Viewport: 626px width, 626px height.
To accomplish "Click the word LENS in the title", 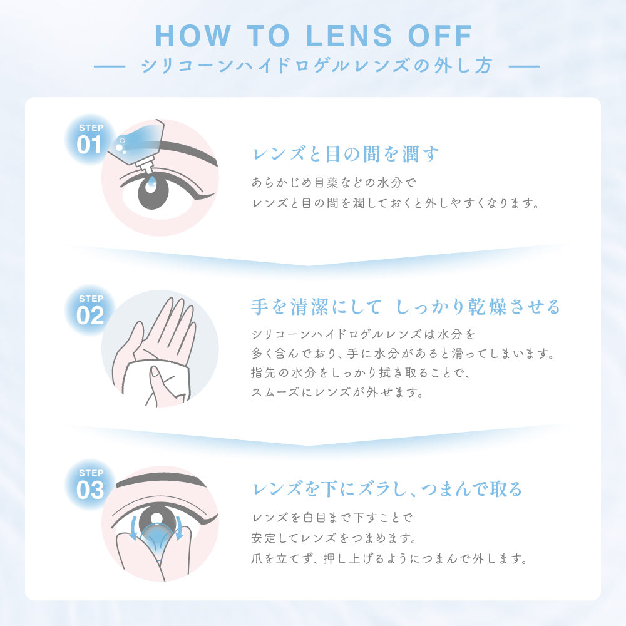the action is (349, 36).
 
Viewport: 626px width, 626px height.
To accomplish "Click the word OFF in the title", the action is (440, 36).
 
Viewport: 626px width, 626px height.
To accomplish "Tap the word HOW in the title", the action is (193, 36).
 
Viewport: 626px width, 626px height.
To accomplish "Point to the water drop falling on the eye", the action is (151, 185).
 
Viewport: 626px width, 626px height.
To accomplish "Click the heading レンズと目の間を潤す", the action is (346, 154).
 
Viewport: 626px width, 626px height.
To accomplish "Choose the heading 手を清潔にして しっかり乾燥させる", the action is (406, 307).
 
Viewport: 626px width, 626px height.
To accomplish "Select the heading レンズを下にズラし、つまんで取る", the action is (387, 489).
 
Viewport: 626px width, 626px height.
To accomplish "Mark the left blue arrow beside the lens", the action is (133, 527).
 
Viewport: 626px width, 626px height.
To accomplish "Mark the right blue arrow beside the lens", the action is (179, 527).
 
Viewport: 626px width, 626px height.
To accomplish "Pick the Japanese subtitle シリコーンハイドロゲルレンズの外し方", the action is (317, 66).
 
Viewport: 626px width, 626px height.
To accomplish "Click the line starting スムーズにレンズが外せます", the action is (337, 392).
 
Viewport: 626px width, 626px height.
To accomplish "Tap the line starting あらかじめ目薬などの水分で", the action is (334, 182).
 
